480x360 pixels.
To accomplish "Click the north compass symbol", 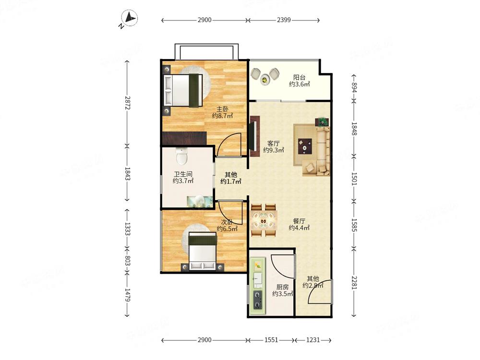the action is [x=129, y=18].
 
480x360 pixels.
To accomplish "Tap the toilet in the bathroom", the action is [x=182, y=156].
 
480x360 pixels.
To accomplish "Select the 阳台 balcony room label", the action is [x=299, y=78].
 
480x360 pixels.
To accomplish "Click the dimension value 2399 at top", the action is [x=284, y=20].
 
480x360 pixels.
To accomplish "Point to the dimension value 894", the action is [x=354, y=87].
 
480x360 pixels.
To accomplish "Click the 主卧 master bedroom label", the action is [x=223, y=109].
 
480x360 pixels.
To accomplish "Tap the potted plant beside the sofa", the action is [x=323, y=122].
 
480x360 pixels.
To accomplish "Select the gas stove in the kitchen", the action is [x=258, y=300].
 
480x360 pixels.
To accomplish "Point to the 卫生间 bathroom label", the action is [x=183, y=174].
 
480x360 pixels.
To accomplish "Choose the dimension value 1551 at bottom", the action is [x=271, y=340].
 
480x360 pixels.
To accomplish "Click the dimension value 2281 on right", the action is [x=354, y=283].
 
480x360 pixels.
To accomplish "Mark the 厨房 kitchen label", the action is [x=282, y=287].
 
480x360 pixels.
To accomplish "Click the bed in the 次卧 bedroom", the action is [x=203, y=251].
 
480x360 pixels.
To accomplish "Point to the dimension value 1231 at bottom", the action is [x=313, y=340].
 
